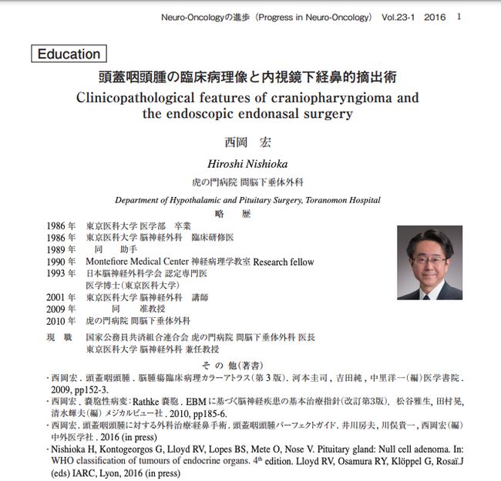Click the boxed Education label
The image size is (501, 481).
point(69,55)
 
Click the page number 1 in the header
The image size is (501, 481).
point(459,16)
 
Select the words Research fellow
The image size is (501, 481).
point(284,262)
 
